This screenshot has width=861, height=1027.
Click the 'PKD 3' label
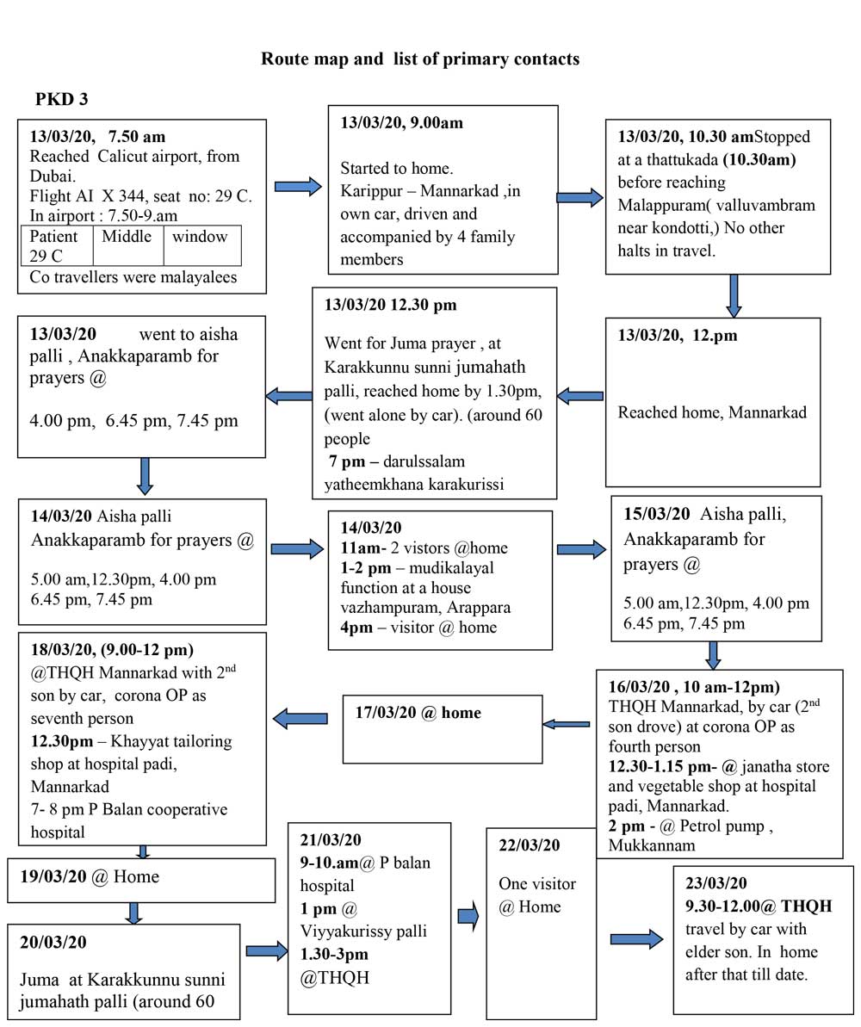pos(61,100)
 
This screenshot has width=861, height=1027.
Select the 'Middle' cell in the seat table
pos(127,236)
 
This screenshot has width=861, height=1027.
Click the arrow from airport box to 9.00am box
pos(297,186)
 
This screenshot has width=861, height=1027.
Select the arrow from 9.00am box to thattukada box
pos(580,198)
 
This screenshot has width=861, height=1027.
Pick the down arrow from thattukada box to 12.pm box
pos(733,295)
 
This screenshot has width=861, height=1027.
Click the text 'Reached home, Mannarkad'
pos(712,412)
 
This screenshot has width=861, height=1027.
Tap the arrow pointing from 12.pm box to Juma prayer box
pos(580,396)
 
